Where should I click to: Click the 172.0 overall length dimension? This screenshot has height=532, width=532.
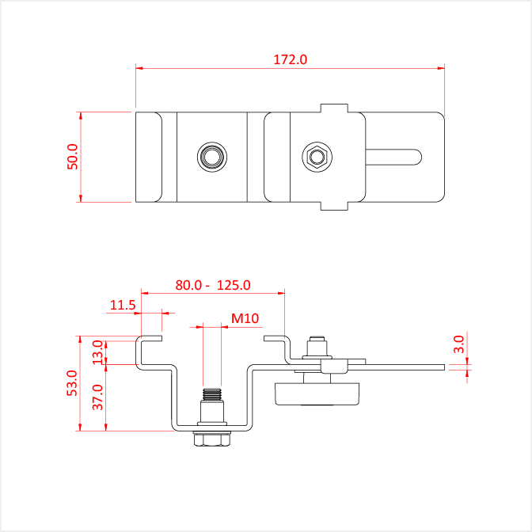pos(290,59)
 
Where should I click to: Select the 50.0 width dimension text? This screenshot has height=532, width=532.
pos(73,157)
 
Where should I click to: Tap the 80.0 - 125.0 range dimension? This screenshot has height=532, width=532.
pos(213,285)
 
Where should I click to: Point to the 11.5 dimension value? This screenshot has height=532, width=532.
pos(123,306)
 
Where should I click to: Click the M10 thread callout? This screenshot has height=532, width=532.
pos(245,318)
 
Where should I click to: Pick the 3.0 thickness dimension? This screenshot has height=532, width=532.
pos(458,344)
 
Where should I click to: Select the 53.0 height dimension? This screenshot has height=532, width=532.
pos(72,383)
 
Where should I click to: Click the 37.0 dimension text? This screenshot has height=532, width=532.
pos(98,397)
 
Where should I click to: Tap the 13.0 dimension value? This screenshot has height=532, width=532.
pos(98,352)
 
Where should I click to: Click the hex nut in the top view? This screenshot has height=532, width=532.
pos(317,157)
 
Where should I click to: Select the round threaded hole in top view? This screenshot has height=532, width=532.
pos(212,157)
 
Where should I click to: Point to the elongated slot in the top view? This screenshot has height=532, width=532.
pos(393,157)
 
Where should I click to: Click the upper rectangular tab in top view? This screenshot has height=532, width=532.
pos(334,108)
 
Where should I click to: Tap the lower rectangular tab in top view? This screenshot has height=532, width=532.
pos(334,206)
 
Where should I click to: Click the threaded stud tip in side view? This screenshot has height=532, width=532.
pos(212,394)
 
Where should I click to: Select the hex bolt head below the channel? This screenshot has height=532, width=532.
pos(212,439)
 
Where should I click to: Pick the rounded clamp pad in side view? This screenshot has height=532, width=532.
pos(317,394)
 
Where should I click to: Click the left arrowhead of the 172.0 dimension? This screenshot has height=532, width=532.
pos(139,68)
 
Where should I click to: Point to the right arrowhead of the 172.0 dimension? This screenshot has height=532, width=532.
pos(441,68)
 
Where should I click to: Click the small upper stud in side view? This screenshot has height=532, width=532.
pos(317,346)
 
